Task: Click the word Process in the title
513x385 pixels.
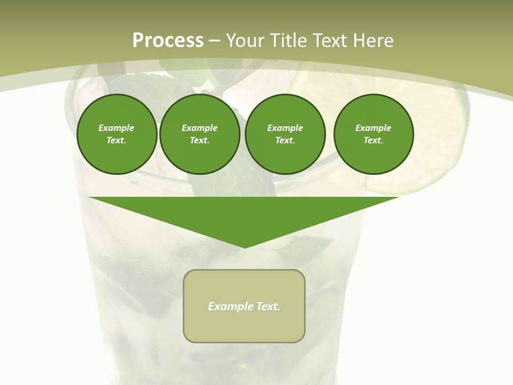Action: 168,40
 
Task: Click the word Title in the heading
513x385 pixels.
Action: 288,40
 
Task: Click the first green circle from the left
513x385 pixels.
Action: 116,134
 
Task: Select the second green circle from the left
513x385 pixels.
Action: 199,134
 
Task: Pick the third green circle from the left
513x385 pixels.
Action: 285,134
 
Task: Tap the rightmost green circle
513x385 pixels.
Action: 373,134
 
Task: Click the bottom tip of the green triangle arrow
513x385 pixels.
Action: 245,247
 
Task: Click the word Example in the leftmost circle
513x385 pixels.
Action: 116,128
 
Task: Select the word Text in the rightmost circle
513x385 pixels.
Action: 372,140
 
